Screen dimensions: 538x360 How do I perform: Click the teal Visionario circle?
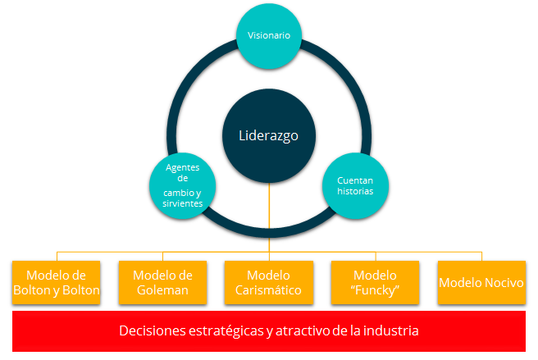[x=269, y=36]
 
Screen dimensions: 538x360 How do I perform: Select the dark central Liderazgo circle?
[x=269, y=136]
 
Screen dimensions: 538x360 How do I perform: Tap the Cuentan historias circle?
[x=355, y=185]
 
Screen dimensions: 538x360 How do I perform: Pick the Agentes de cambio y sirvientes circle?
[x=183, y=185]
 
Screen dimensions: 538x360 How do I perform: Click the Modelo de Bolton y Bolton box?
[x=57, y=282]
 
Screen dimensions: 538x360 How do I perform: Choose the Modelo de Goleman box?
[x=162, y=282]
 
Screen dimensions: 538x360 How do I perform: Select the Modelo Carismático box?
[x=269, y=282]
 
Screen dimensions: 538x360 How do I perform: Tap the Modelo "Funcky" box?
[x=375, y=282]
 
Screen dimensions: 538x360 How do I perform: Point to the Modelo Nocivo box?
[x=481, y=282]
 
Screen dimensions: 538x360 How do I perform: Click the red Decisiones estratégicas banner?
[x=269, y=331]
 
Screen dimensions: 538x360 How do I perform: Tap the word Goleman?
[x=162, y=290]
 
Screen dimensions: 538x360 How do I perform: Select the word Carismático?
[x=268, y=290]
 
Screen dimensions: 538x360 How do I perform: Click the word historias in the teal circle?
[x=355, y=191]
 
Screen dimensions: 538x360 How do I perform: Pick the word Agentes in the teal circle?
[x=183, y=167]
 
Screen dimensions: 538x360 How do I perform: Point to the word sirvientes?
[x=183, y=203]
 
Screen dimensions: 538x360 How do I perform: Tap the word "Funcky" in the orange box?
[x=375, y=290]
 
